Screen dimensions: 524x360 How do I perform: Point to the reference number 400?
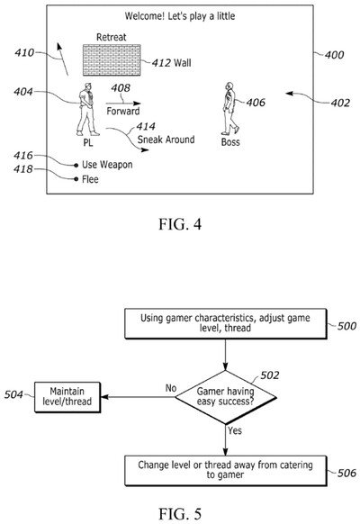[334, 55]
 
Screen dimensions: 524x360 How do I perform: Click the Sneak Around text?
[166, 140]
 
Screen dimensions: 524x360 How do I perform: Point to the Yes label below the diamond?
[232, 431]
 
